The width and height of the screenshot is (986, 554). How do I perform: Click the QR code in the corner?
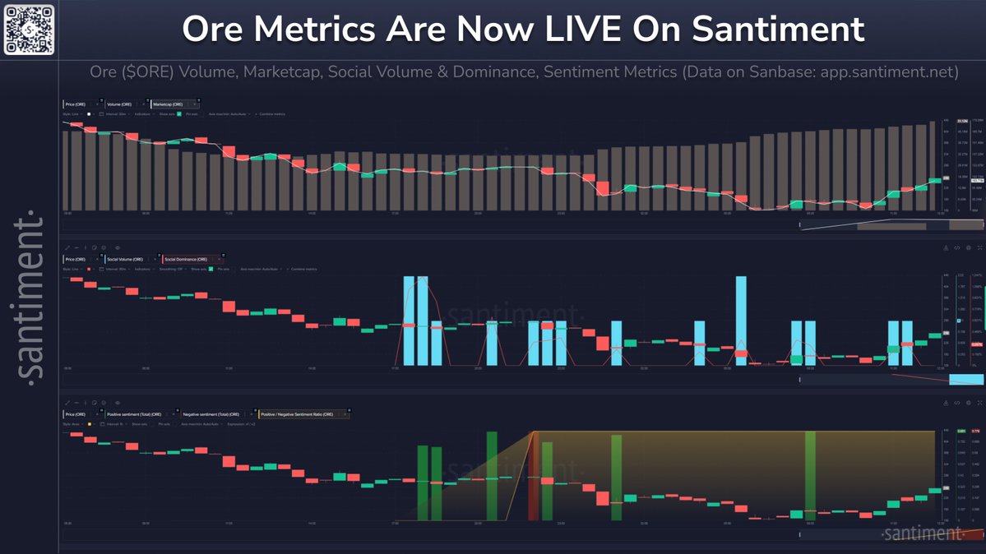coord(29,30)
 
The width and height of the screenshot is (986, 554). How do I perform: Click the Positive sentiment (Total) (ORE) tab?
coord(137,414)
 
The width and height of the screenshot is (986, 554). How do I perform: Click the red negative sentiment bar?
coord(533,476)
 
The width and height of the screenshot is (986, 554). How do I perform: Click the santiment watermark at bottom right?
coord(922,534)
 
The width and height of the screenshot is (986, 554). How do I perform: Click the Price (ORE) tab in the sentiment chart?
coord(76,414)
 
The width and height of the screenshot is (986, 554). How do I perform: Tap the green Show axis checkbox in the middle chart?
coord(211,269)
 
